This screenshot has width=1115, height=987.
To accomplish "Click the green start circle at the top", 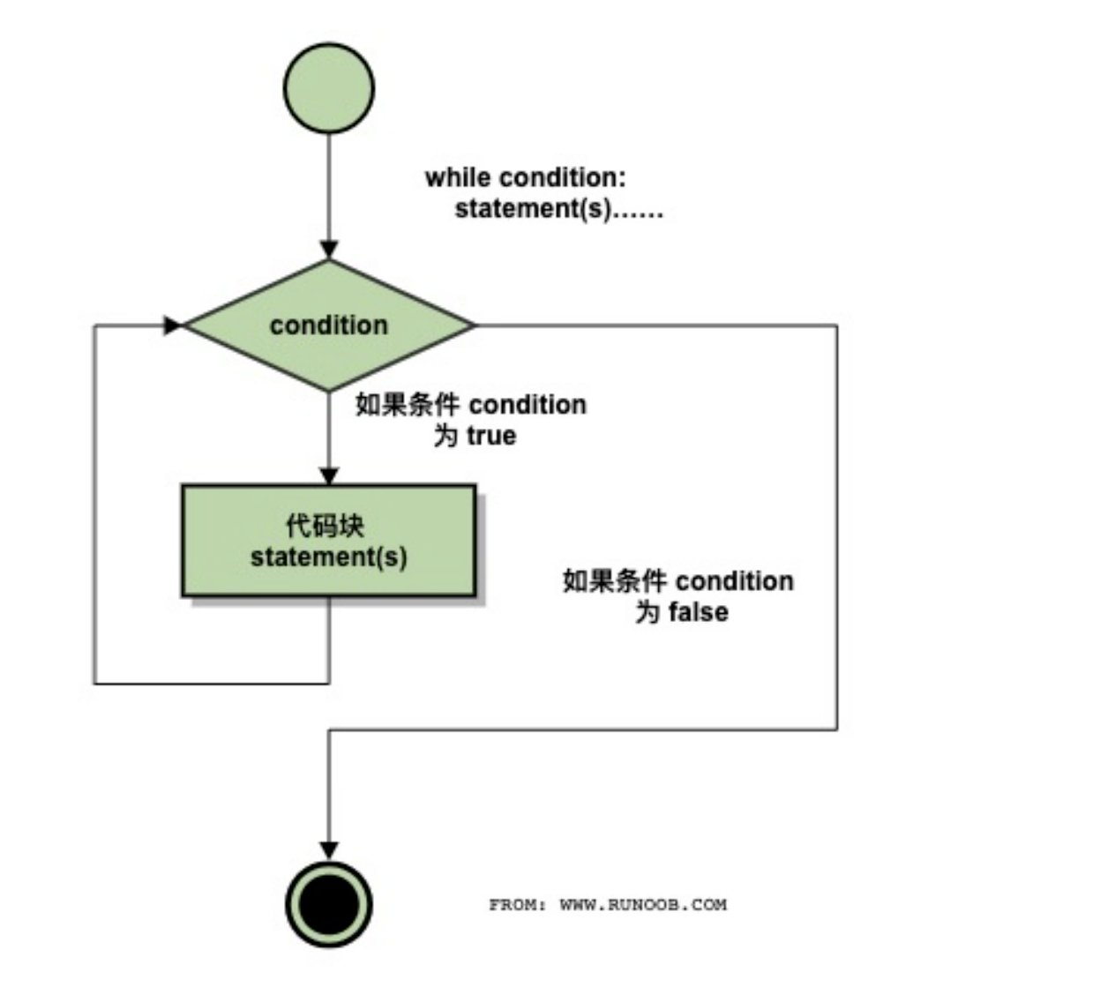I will click(329, 88).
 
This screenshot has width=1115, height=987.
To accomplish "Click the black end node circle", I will click(329, 904).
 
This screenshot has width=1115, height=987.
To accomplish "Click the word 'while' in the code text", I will click(457, 177).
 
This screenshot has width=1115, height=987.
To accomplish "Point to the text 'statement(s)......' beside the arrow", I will click(558, 210).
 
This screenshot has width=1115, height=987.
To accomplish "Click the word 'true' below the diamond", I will click(491, 436).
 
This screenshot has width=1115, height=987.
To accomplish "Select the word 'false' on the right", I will click(698, 612).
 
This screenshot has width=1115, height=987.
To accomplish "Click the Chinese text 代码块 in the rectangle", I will click(325, 526).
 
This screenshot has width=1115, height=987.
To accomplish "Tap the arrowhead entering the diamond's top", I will click(329, 250).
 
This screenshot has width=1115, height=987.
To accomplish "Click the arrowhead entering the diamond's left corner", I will click(172, 325).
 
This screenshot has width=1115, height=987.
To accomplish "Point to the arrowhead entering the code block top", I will click(329, 476).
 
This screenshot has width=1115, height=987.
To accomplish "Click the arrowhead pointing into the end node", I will click(329, 850).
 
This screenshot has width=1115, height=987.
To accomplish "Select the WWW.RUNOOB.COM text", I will click(643, 904).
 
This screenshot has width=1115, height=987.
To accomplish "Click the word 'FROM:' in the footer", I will click(518, 904).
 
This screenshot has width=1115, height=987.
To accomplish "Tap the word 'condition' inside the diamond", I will click(329, 325).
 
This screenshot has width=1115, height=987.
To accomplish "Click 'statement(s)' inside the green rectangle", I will click(329, 557).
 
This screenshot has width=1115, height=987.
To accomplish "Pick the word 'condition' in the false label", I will click(735, 581).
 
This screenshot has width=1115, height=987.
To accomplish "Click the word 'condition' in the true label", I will click(528, 405).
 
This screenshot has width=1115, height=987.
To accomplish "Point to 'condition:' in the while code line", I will click(563, 177).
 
